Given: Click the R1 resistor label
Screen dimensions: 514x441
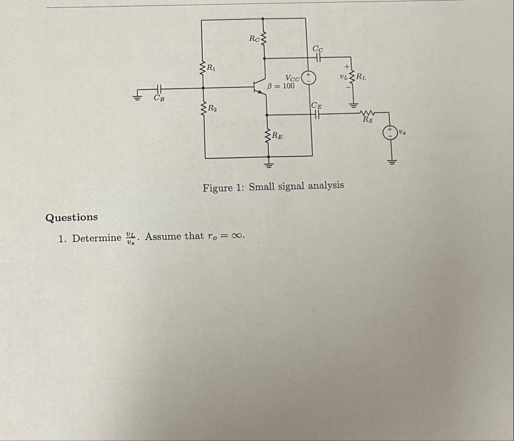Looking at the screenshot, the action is coord(213,69).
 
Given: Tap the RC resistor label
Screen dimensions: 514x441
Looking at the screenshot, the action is coord(255,38).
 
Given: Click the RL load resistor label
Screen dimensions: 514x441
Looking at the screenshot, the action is coord(362,77).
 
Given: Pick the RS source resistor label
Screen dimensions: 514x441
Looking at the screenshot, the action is coord(368,120).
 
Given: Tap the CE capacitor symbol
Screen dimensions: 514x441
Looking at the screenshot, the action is coord(316,115).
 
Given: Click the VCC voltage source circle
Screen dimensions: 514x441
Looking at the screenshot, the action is coord(309,78).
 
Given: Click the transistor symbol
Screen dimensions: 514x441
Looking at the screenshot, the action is coord(261,87).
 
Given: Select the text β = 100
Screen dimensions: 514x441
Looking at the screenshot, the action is coord(281,86).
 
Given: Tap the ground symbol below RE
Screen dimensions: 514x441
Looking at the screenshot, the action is coord(269,164).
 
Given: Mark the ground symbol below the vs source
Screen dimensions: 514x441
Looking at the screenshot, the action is coord(391,161).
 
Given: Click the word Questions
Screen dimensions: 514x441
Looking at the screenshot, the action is coord(72,217).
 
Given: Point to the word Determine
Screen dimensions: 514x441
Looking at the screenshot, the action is coord(96,238).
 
